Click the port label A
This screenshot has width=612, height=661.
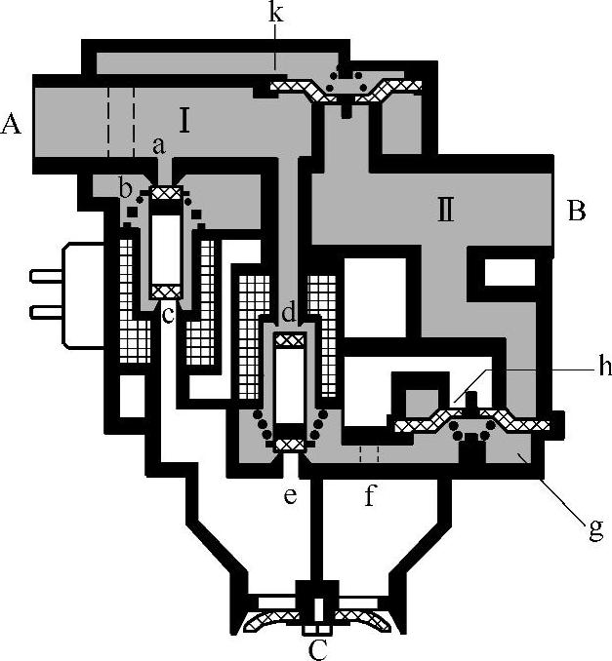coord(12,123)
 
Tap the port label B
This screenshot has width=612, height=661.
coord(576,212)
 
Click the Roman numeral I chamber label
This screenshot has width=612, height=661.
coord(184,121)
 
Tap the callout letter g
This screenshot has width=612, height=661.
coord(594,531)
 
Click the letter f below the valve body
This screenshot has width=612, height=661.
coord(370,496)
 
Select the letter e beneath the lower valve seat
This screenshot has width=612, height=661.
coord(290,495)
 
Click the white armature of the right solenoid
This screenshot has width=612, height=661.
coord(289,386)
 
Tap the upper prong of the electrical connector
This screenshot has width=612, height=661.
coord(44,276)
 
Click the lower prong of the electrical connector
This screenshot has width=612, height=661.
coord(44,311)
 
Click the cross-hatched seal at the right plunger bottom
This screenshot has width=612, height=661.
coord(289,445)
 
